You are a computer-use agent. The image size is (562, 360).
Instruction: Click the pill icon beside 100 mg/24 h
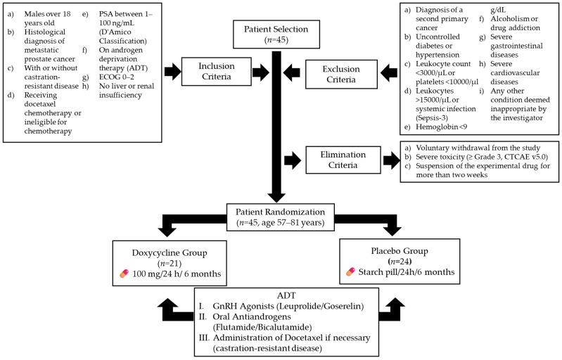coord(124,272)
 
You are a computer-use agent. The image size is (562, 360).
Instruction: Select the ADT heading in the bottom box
coord(281,295)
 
